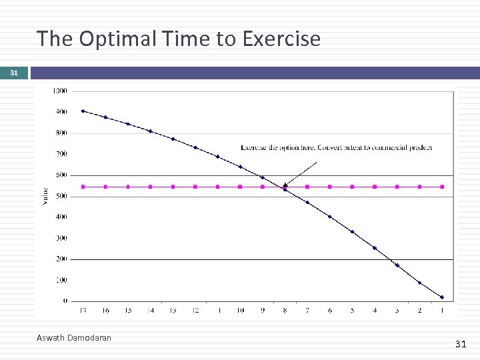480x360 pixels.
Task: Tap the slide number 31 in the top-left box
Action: (x=14, y=73)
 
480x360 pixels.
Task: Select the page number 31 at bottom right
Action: (x=460, y=344)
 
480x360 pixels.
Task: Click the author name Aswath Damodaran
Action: (x=74, y=338)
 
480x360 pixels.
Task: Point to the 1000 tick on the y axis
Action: (x=60, y=91)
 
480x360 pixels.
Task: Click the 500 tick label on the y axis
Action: (x=61, y=196)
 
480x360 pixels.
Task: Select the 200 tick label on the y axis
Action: (x=61, y=259)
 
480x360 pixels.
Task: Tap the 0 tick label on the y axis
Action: (x=65, y=301)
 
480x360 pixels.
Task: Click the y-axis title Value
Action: (x=45, y=195)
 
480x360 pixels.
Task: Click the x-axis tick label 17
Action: (x=83, y=310)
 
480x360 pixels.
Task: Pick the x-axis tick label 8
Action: (x=285, y=310)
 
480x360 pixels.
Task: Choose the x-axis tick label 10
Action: (x=240, y=310)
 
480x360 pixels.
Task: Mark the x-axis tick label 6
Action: (x=329, y=310)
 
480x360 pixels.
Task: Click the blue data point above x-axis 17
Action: (x=83, y=111)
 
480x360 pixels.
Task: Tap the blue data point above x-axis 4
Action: (x=375, y=248)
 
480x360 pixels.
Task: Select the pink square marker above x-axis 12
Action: (x=195, y=187)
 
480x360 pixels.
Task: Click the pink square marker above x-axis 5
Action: (x=352, y=187)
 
